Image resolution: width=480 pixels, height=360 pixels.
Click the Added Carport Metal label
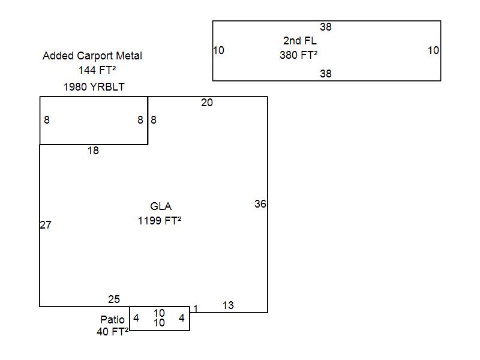click(x=92, y=56)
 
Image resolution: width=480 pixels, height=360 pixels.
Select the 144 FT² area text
click(x=97, y=70)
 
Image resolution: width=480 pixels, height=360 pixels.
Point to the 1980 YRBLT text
click(x=94, y=87)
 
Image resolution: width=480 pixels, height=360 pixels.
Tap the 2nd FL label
click(x=299, y=41)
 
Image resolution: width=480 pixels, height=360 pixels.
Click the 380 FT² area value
click(x=298, y=55)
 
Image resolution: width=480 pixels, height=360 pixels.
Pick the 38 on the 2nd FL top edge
click(x=326, y=27)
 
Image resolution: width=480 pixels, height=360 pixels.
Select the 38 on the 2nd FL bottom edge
click(x=326, y=74)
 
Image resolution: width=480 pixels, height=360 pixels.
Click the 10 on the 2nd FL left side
click(x=218, y=50)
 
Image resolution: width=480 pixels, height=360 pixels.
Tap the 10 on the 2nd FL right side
click(x=433, y=50)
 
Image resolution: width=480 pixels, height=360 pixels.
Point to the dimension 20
click(x=207, y=103)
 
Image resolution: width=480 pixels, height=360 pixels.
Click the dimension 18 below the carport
click(x=93, y=151)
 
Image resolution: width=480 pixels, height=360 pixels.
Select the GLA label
click(x=161, y=206)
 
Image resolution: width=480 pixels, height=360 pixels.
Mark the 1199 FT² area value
click(x=160, y=221)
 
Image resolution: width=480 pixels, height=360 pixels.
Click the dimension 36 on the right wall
click(x=260, y=204)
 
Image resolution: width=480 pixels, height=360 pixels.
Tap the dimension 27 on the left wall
click(x=46, y=225)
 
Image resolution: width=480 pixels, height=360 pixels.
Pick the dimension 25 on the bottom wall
click(x=114, y=299)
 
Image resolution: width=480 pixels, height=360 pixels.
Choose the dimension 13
click(x=228, y=305)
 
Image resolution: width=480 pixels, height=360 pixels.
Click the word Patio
click(x=112, y=320)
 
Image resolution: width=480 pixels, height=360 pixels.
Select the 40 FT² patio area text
click(x=112, y=332)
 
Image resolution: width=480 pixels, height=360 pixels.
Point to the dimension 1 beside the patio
click(x=196, y=309)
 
